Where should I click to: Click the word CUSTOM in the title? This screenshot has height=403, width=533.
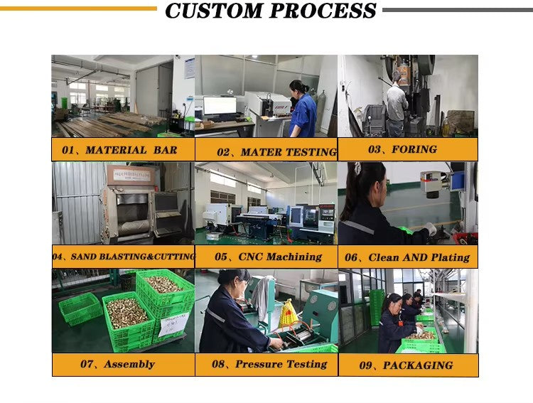click(x=214, y=11)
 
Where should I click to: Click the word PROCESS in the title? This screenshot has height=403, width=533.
click(x=323, y=11)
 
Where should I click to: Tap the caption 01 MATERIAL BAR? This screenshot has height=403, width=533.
click(x=119, y=150)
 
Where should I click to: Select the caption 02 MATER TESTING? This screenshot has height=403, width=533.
click(x=276, y=152)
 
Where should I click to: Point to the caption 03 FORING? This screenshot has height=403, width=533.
click(x=402, y=149)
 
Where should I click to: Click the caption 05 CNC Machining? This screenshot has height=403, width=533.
click(x=268, y=257)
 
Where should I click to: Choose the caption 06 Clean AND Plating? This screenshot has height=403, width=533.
click(x=407, y=257)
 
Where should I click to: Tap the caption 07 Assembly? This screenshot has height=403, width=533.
click(x=117, y=364)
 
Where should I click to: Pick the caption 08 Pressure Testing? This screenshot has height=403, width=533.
click(x=269, y=364)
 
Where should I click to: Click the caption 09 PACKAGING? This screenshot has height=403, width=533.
click(x=407, y=365)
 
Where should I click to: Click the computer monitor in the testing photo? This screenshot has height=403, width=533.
click(x=220, y=106)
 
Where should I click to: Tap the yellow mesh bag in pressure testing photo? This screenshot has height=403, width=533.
click(x=288, y=314)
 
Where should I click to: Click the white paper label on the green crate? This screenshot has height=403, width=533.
click(x=173, y=324)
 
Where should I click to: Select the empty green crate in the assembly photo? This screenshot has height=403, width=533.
click(x=80, y=308)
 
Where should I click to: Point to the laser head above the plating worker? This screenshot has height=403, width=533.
click(x=434, y=183)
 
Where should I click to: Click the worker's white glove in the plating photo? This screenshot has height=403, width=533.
click(x=431, y=229)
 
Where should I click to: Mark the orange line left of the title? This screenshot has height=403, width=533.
click(x=78, y=9)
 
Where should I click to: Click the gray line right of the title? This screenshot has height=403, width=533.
click(x=458, y=10)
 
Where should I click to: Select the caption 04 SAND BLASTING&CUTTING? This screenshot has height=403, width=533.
click(x=124, y=257)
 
